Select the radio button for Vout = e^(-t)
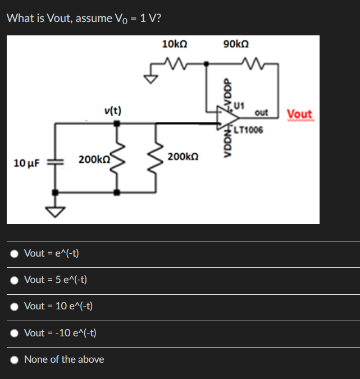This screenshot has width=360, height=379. coord(14,253)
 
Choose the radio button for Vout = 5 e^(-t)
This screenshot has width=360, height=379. coord(14,280)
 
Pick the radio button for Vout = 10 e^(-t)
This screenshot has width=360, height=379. coord(14,306)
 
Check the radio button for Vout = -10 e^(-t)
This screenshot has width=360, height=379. coord(14,333)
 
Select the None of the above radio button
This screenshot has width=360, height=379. coord(14,359)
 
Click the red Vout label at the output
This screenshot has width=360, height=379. coord(299,114)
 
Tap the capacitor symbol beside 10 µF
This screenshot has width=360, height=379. coord(55,162)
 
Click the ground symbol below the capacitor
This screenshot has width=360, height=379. coord(55,211)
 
